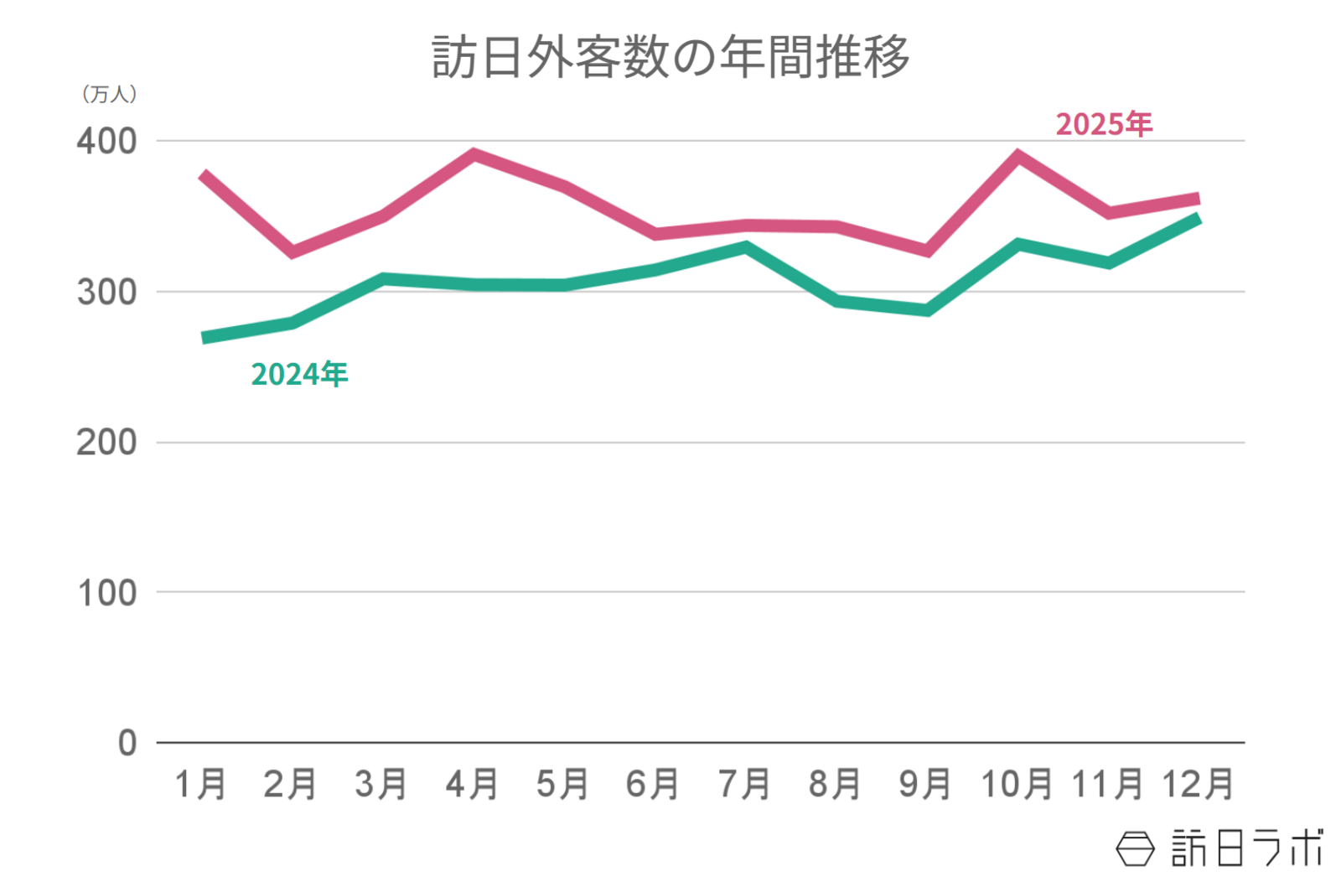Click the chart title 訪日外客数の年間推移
click(x=670, y=57)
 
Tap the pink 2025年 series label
click(x=1103, y=124)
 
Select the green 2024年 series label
click(x=299, y=374)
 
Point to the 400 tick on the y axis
click(x=106, y=141)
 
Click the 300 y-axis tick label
click(x=106, y=292)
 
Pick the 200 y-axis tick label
click(x=106, y=442)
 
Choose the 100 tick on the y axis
click(x=106, y=593)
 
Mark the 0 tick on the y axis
click(x=127, y=743)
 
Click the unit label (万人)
click(x=109, y=94)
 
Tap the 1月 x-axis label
click(x=200, y=785)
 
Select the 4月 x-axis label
click(x=472, y=785)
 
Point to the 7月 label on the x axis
click(x=743, y=785)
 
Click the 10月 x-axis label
click(x=1016, y=785)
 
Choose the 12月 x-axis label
click(x=1197, y=785)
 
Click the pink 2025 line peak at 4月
click(x=474, y=154)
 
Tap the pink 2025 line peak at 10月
click(x=1017, y=155)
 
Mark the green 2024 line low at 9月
click(x=927, y=310)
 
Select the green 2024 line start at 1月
click(x=205, y=338)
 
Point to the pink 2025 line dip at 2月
click(x=293, y=252)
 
